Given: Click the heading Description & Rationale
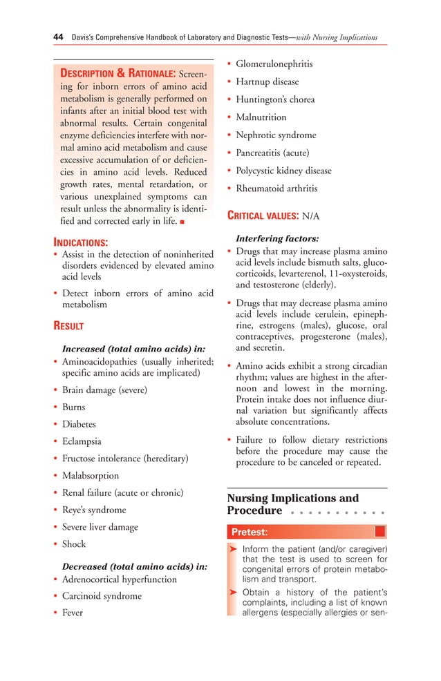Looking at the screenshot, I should (x=117, y=74).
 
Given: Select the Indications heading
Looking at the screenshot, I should (x=81, y=242).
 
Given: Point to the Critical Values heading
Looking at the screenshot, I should (x=263, y=216).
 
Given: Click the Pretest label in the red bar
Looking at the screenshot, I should (x=250, y=532).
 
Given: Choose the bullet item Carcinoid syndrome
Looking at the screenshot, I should (x=102, y=596).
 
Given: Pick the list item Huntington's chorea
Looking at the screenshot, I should (x=275, y=99).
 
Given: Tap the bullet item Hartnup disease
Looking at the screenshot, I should (x=267, y=82).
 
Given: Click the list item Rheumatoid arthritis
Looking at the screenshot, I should (x=276, y=189).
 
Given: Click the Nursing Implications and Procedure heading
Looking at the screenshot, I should (x=292, y=504).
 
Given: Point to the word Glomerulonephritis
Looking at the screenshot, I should (x=274, y=64).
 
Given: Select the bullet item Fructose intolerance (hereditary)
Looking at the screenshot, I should (x=125, y=459).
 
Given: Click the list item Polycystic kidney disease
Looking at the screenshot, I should (x=283, y=171).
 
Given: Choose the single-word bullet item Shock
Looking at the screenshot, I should (x=74, y=544).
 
